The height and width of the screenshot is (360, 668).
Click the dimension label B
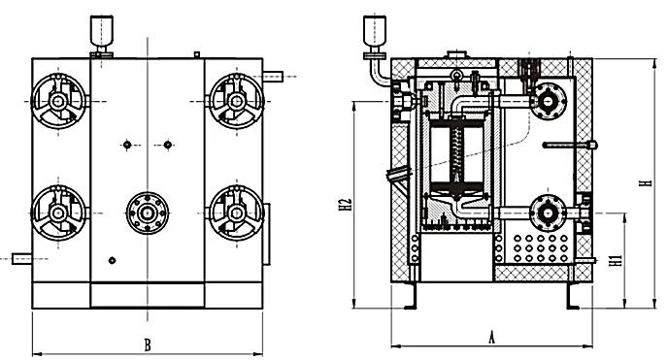(x=148, y=344)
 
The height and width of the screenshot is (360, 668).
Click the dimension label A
(x=491, y=338)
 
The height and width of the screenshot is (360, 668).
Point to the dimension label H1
(x=616, y=260)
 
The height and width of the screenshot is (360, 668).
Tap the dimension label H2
(x=346, y=204)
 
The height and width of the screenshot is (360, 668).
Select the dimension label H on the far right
(x=647, y=183)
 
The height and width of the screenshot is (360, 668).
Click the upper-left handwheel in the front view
(x=59, y=101)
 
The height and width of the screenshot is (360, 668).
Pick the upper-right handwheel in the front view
(x=236, y=101)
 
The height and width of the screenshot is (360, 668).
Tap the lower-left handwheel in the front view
(x=59, y=213)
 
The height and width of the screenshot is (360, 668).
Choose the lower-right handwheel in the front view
(x=236, y=213)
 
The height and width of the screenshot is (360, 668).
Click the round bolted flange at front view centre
(x=148, y=213)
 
